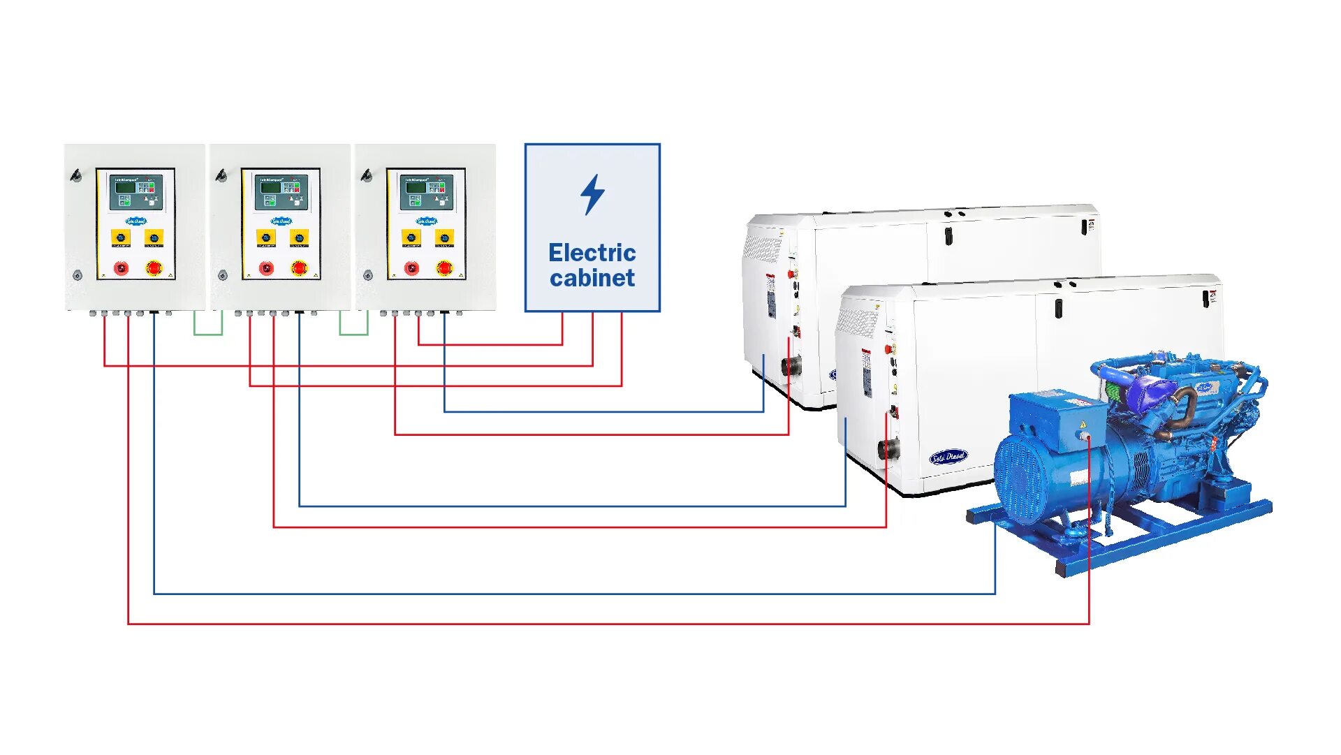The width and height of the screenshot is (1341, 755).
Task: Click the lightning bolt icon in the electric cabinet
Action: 592,194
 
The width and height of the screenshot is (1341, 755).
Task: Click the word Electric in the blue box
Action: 592,252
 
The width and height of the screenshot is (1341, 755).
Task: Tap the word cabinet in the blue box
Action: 592,278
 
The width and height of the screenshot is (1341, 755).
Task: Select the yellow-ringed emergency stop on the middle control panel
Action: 299,267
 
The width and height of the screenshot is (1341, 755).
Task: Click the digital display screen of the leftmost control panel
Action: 126,187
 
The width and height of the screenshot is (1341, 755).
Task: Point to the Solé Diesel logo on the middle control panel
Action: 281,221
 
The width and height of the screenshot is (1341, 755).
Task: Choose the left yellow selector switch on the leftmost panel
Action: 120,237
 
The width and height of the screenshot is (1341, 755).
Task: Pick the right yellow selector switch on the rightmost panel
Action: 444,237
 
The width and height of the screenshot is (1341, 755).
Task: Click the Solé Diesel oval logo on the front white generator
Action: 948,457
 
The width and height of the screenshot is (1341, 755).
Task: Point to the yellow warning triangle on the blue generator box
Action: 1083,424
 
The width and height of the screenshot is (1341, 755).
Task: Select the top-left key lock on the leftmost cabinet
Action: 76,175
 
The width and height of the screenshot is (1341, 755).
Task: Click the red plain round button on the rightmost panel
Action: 411,268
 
